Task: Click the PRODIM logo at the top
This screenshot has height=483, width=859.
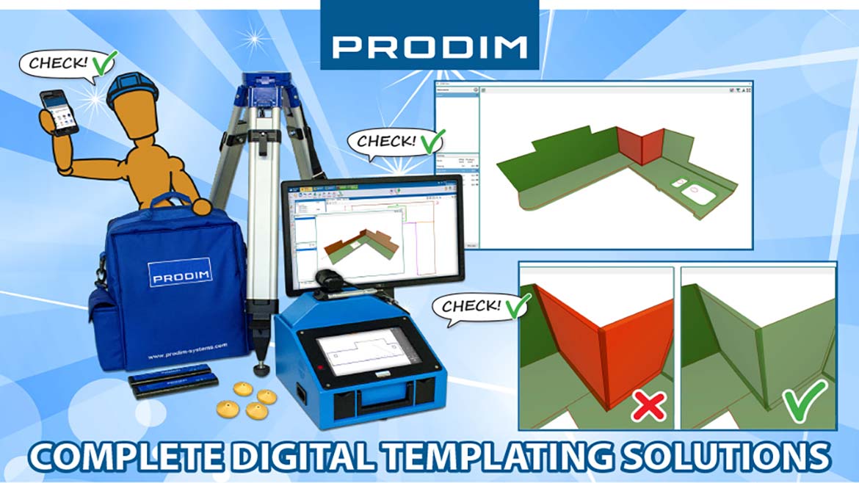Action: tap(429, 46)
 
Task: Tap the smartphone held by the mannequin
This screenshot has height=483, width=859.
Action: tap(59, 112)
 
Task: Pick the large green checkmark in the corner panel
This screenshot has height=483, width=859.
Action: tap(802, 401)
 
